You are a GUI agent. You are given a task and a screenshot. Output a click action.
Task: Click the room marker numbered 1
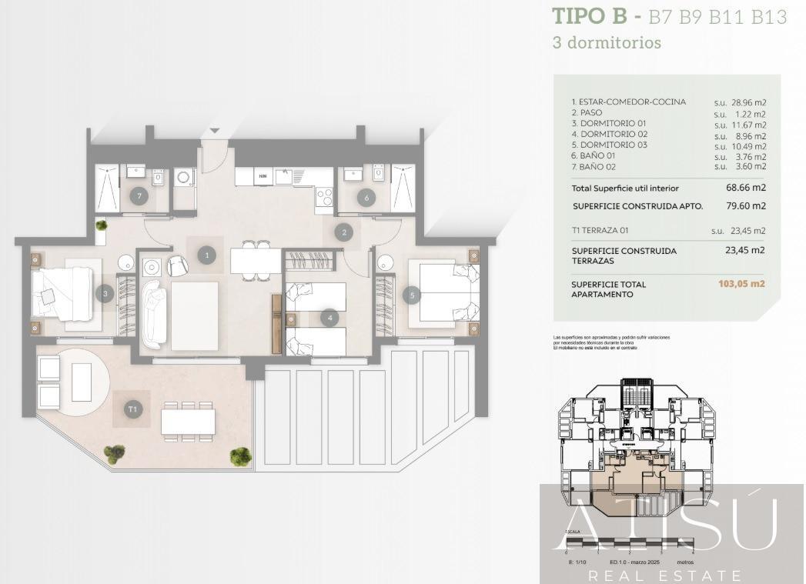(206, 255)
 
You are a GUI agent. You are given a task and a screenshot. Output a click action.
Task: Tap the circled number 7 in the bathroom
(139, 195)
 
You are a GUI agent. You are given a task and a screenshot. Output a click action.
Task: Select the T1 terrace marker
(133, 409)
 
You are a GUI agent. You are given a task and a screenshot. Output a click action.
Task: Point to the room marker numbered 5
(412, 294)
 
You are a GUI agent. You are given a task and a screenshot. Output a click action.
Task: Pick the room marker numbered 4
(329, 317)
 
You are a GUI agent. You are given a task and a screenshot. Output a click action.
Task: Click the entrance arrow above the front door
(215, 131)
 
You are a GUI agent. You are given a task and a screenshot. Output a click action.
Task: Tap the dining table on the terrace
(188, 422)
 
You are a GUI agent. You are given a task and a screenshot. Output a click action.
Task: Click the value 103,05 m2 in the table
(741, 284)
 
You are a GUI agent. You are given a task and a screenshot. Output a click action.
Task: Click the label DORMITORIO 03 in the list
(609, 145)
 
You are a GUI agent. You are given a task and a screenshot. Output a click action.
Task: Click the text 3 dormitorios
(607, 43)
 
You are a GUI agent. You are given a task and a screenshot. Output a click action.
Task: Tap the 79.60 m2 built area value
(747, 206)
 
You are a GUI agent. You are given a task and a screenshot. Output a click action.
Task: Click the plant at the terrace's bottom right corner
(240, 456)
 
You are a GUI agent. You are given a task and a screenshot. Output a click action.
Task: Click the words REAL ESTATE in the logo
(665, 576)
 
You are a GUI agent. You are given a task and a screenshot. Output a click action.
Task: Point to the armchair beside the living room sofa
(177, 265)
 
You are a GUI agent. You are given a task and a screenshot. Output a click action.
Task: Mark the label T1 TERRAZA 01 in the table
(605, 229)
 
